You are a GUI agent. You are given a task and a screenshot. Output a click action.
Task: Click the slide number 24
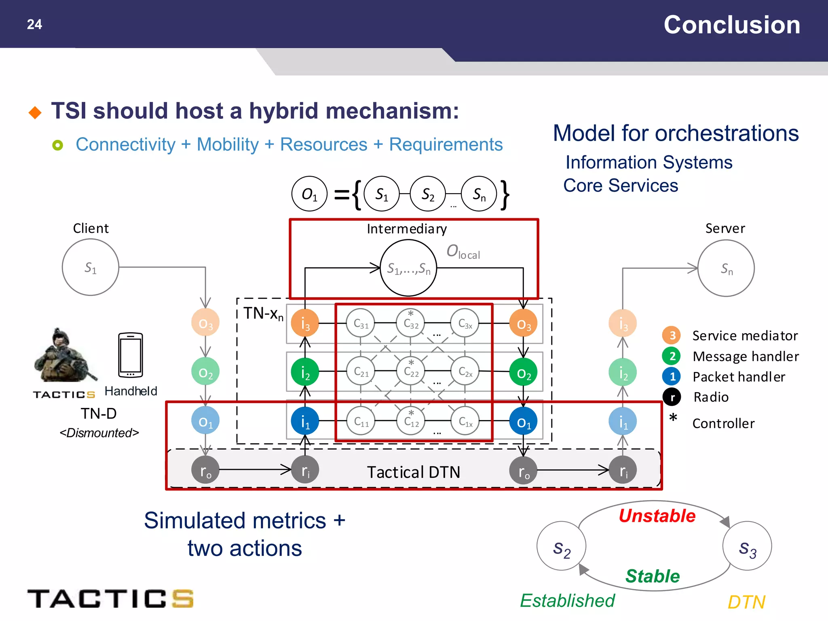coord(34,24)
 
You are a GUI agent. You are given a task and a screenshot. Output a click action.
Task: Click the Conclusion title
coord(732,25)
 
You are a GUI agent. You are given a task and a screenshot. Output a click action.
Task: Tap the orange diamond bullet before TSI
coord(35,112)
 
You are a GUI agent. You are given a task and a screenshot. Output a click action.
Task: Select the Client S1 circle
coord(91,267)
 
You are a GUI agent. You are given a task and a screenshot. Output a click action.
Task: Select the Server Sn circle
coord(726,268)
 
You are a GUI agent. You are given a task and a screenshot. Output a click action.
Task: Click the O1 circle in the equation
coord(309,194)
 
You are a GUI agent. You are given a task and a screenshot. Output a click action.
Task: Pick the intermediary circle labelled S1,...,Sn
coord(408,268)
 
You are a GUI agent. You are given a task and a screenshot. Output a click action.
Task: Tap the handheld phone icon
coord(131,355)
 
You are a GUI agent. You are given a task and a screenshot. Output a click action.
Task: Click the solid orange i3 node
coord(305,323)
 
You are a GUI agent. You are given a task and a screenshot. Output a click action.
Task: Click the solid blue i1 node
coord(305,421)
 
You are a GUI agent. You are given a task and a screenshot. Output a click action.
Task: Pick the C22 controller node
coord(411,371)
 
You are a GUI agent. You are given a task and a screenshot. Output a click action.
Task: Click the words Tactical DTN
coord(413,472)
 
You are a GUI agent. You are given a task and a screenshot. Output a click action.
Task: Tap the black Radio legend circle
coord(672,397)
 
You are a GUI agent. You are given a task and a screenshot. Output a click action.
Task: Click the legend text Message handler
coord(745,356)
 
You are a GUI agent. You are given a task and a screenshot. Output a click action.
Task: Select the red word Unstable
coord(657,516)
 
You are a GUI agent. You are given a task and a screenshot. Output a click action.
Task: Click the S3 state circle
coord(747,546)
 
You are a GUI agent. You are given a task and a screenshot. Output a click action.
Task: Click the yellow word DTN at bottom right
coord(746,602)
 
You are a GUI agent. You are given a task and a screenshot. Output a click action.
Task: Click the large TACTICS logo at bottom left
coord(110,599)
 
